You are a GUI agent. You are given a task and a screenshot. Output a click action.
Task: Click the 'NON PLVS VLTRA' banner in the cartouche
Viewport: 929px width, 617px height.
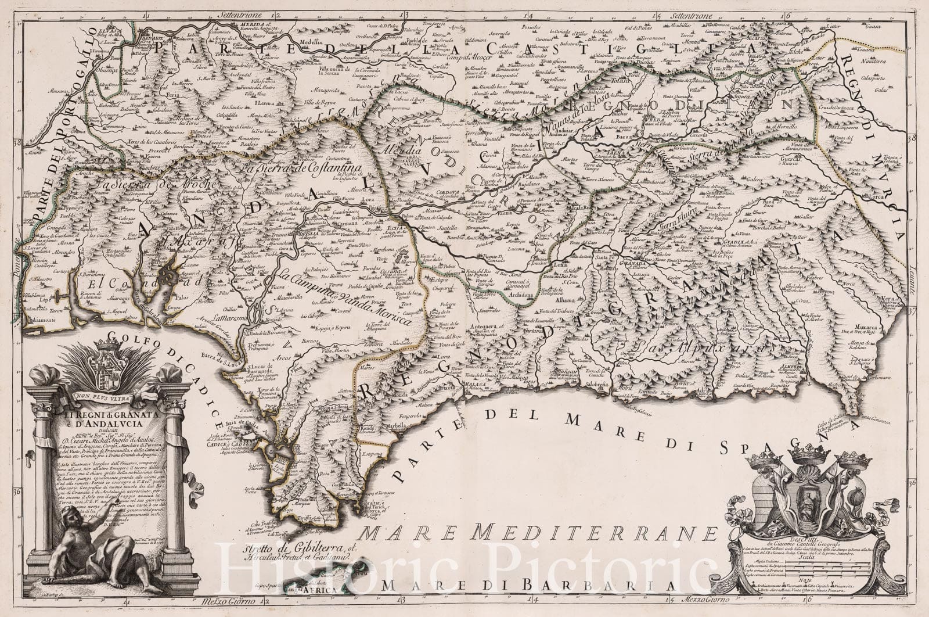105,399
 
